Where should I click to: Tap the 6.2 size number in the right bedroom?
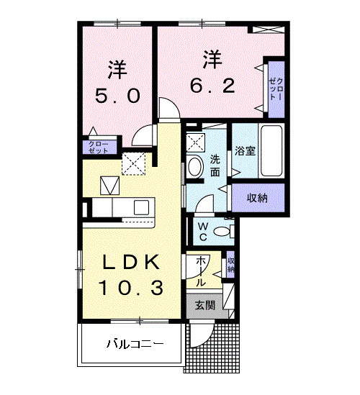[211, 86]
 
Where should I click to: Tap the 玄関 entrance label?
[205, 305]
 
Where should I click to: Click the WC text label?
[203, 232]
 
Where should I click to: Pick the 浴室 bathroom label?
[246, 152]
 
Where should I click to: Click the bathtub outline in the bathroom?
[271, 150]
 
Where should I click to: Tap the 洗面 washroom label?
[215, 165]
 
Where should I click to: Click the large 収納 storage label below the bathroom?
[256, 197]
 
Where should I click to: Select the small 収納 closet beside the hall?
[230, 265]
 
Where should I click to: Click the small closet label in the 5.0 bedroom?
[99, 148]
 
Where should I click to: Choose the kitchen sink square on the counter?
[110, 186]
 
